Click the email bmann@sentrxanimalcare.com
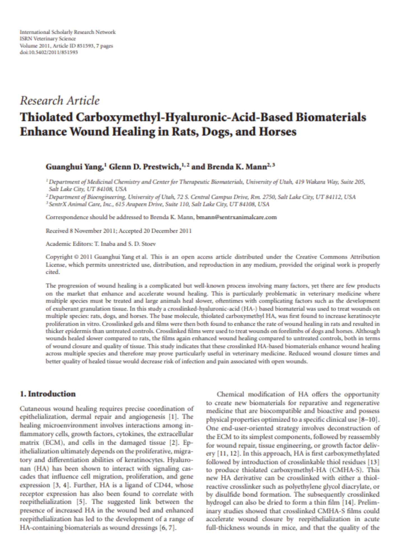coord(236,217)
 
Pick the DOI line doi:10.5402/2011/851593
coord(49,52)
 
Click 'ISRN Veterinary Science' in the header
coord(48,39)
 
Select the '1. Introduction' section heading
coord(48,394)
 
